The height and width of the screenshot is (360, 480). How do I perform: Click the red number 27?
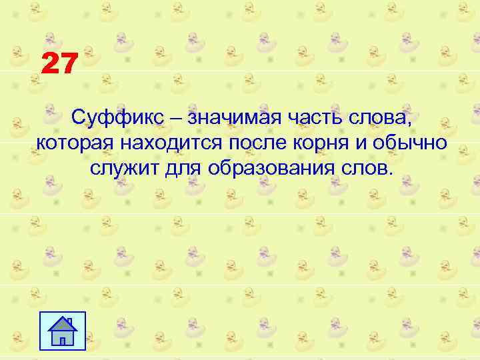click(x=60, y=65)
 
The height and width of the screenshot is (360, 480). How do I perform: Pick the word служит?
click(x=123, y=166)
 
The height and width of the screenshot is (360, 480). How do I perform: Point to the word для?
click(x=183, y=166)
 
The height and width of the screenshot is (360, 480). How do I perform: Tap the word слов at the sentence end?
click(x=367, y=166)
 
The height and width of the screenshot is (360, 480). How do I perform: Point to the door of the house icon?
click(x=63, y=341)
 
